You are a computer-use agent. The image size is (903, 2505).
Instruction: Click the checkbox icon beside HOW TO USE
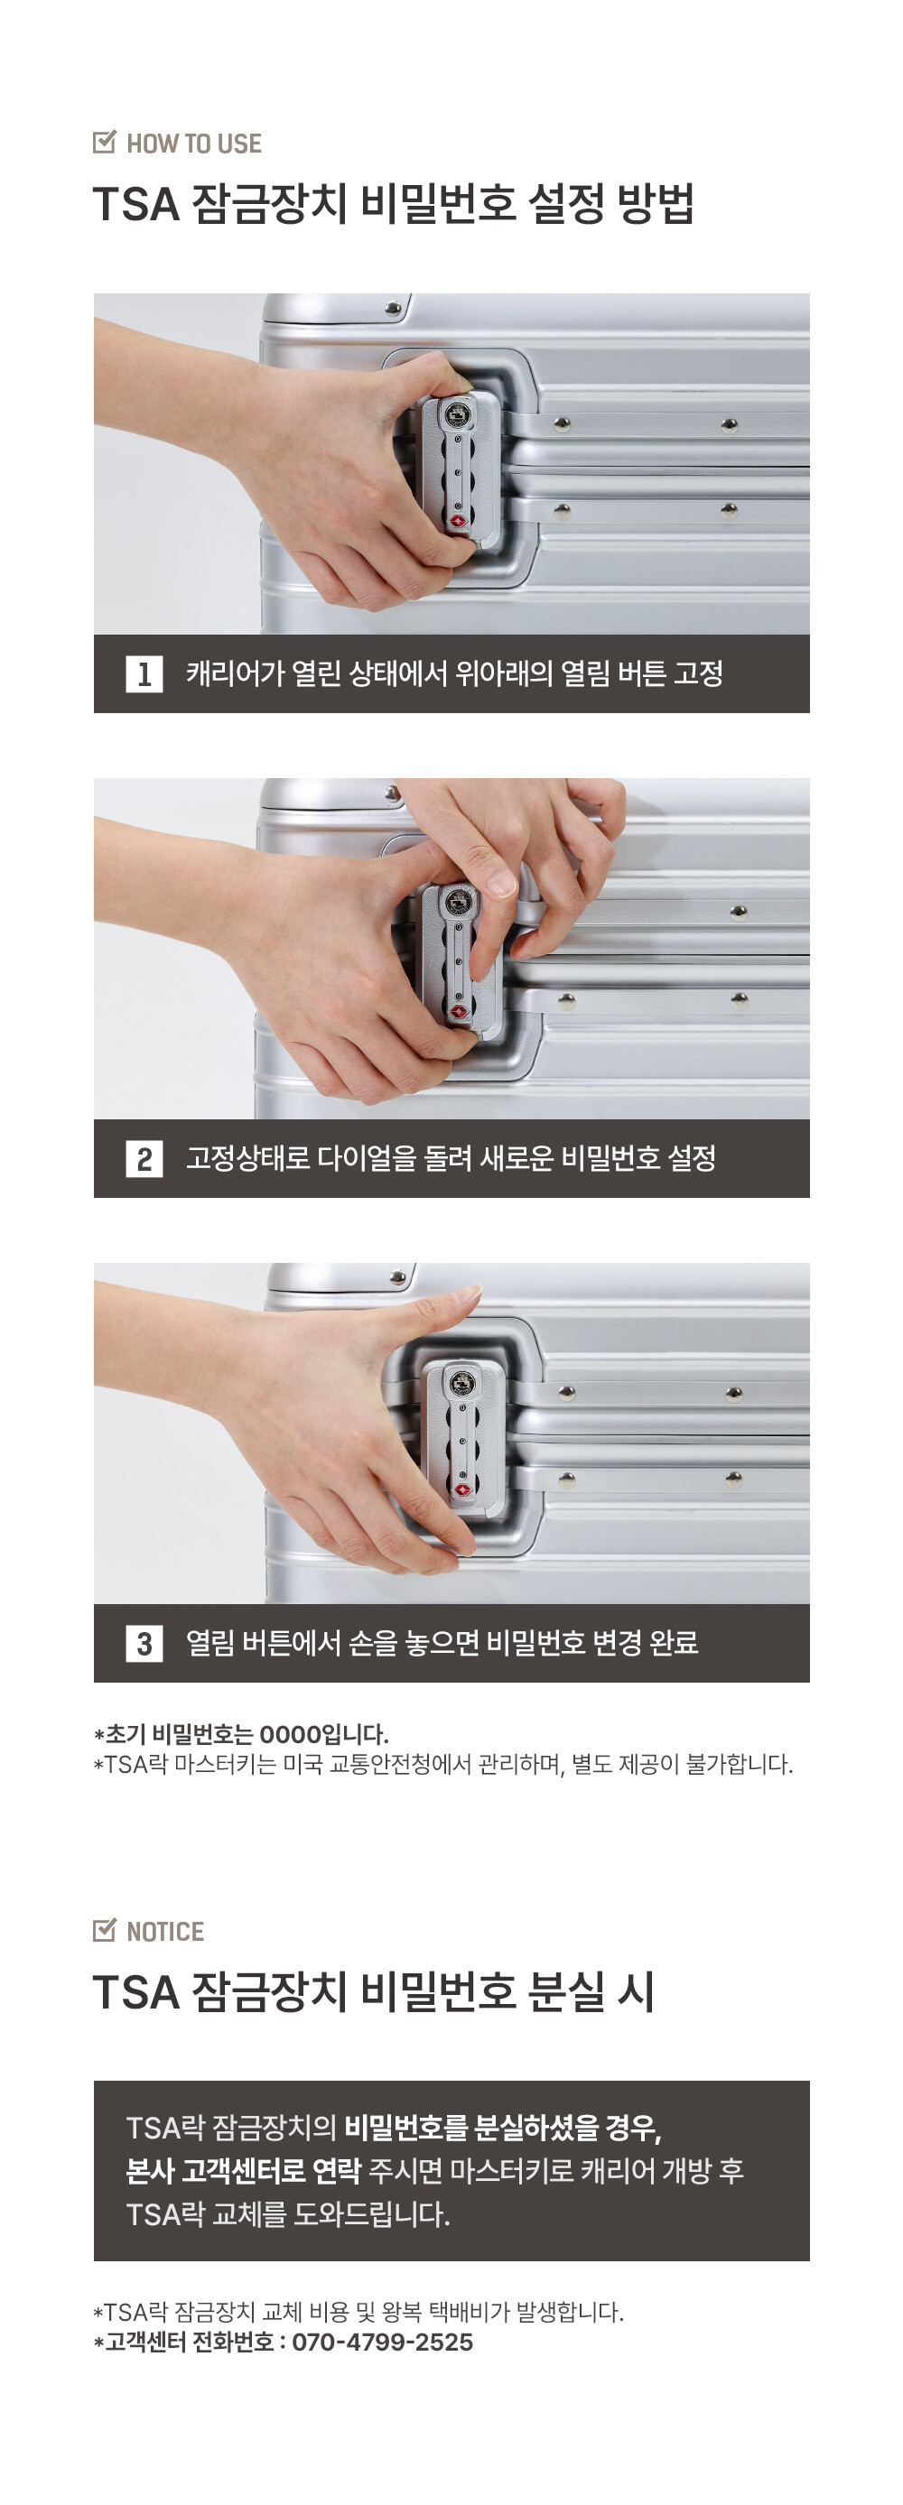tap(104, 142)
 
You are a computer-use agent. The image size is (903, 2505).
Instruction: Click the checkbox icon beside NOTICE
tap(104, 1930)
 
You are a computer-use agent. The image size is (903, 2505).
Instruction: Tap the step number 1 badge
tap(144, 674)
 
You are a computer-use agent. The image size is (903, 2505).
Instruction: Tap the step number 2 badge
tap(144, 1159)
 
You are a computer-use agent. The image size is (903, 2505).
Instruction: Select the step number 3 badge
tap(144, 1644)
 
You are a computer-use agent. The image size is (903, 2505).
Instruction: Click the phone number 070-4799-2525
tap(382, 2342)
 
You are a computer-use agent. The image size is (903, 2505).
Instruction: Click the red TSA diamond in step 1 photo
tap(457, 521)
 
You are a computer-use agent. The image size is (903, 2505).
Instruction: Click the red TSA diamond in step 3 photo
tap(462, 1489)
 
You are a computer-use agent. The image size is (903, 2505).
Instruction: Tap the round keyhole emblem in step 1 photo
tap(457, 415)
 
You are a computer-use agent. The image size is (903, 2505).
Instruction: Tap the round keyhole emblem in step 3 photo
tap(462, 1383)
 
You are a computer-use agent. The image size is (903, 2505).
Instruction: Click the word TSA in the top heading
tap(136, 204)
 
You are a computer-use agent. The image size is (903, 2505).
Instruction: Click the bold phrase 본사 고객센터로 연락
tap(243, 2170)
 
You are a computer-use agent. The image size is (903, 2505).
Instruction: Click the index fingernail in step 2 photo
tap(500, 882)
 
